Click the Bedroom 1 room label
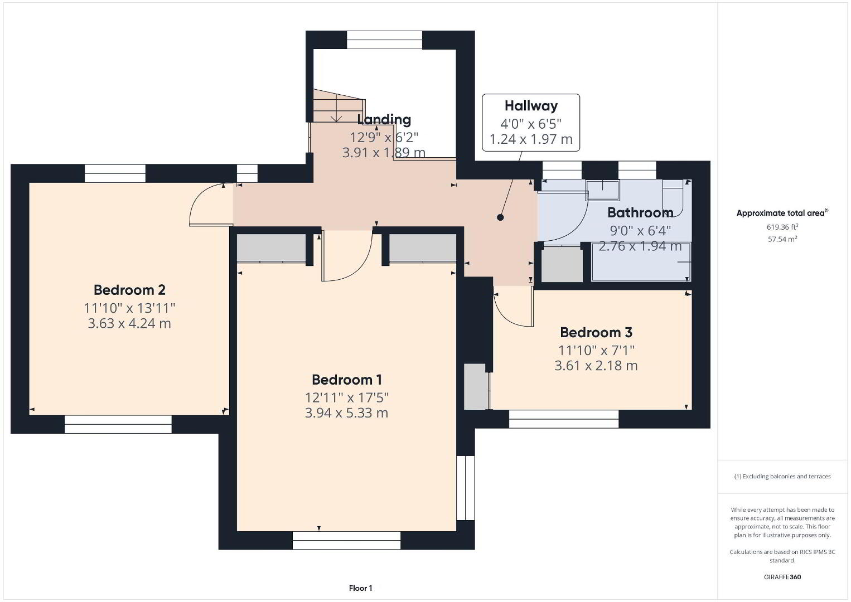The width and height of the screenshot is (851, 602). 347,380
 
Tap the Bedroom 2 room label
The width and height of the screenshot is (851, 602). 129,290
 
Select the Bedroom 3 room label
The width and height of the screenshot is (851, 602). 596,332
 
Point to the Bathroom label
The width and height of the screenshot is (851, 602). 640,212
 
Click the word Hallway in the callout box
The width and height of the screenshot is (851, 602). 531,106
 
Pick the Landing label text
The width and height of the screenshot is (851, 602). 384,120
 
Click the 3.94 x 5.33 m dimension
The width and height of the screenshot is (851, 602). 346,413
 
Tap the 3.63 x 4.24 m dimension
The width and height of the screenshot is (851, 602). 129,323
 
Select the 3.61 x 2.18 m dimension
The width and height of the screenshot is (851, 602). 596,365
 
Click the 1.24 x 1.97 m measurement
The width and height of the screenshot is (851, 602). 531,139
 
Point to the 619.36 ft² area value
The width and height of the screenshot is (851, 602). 782,227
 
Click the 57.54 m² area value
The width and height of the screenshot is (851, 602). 782,239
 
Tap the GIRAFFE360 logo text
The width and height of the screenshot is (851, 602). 782,577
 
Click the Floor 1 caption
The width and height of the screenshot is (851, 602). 361,588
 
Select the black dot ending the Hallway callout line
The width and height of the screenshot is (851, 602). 500,217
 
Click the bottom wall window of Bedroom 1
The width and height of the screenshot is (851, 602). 346,540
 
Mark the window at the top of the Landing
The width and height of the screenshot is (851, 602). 384,40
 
